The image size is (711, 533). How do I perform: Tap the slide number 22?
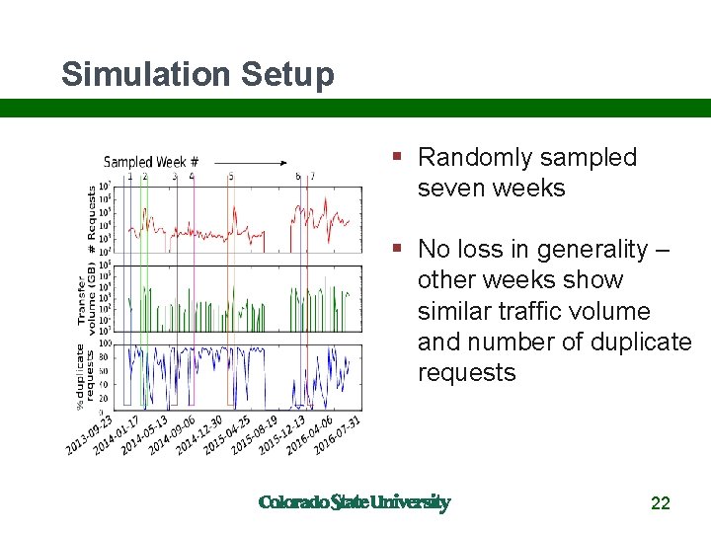pos(661,503)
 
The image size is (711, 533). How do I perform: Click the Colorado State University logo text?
pos(354,502)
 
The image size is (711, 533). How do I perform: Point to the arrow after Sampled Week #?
pos(250,161)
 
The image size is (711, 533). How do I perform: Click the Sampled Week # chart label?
pos(151,161)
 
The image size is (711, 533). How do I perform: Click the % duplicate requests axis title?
pos(85,376)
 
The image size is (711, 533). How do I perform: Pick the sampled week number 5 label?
pos(231,177)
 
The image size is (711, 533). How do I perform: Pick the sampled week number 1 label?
pos(129,177)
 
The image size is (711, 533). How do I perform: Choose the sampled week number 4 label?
pos(192,177)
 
